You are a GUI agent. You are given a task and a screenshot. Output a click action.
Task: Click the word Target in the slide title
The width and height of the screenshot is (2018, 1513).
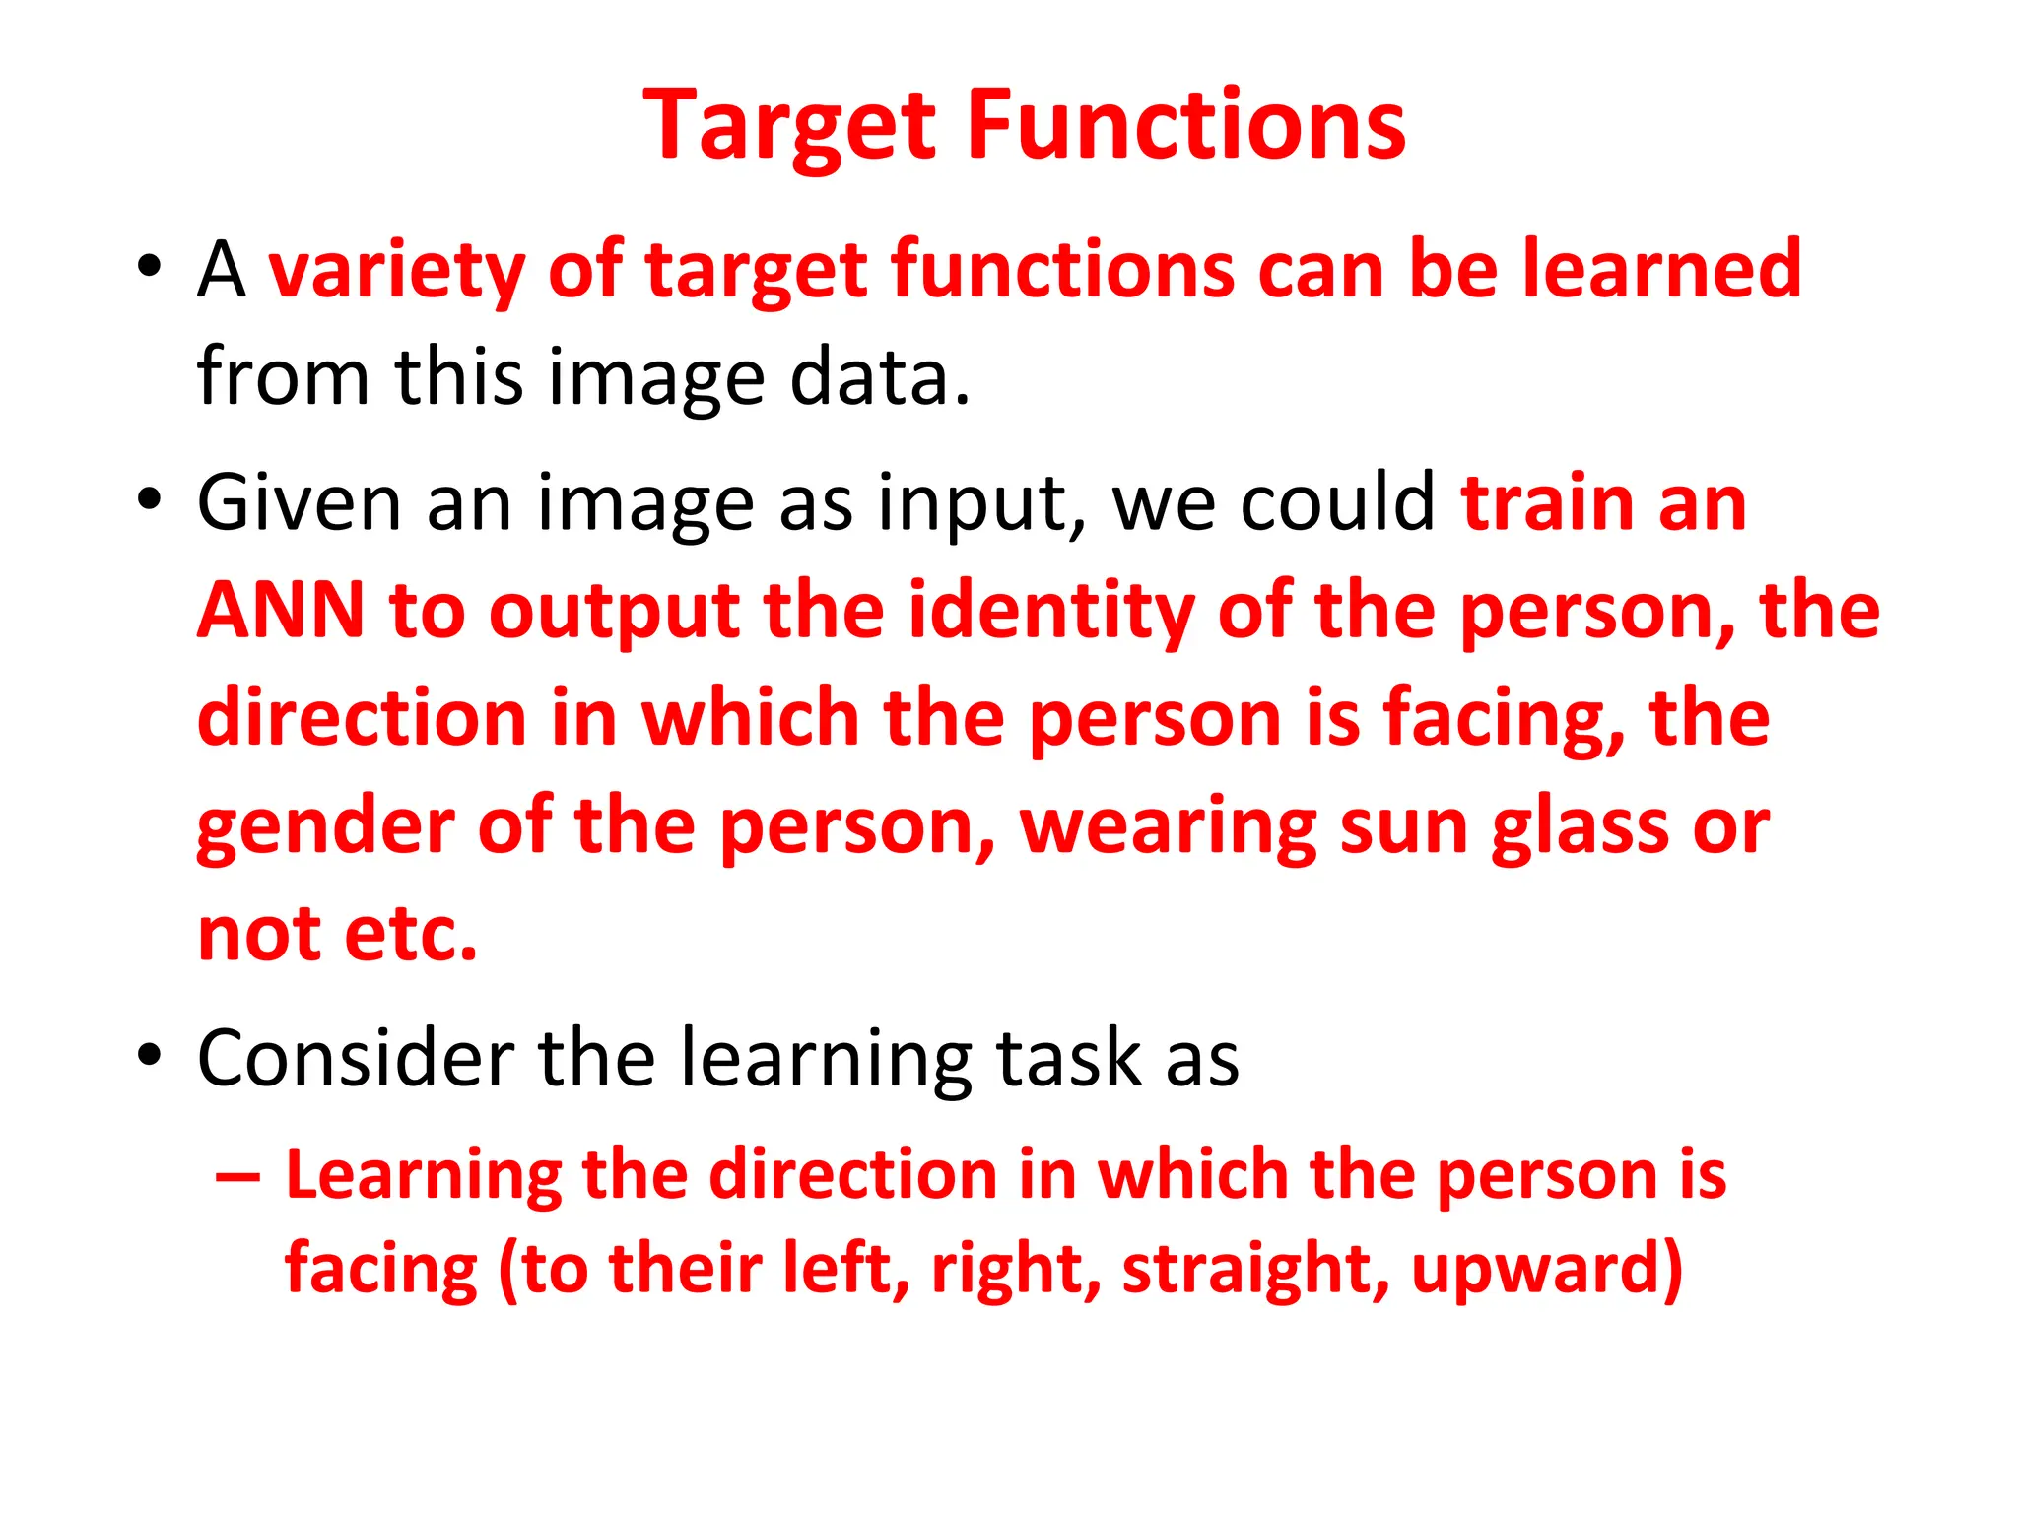[789, 126]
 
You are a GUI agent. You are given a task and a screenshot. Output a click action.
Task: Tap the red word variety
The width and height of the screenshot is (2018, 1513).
[396, 270]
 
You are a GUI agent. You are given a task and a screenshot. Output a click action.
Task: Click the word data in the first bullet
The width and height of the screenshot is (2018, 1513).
[879, 377]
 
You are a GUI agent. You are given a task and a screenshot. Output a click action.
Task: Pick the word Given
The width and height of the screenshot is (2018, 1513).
[300, 503]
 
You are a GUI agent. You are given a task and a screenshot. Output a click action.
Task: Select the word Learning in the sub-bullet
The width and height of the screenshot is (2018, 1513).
[424, 1176]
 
